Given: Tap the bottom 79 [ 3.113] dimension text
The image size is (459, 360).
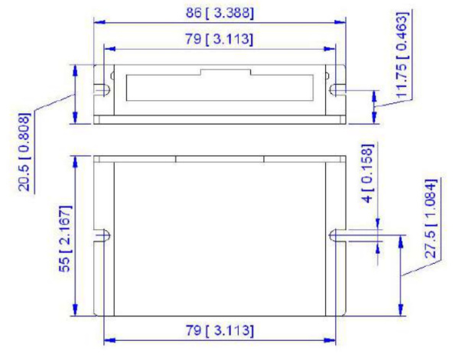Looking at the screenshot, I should pyautogui.click(x=220, y=329).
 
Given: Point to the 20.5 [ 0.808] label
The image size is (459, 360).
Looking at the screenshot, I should pyautogui.click(x=24, y=153).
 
